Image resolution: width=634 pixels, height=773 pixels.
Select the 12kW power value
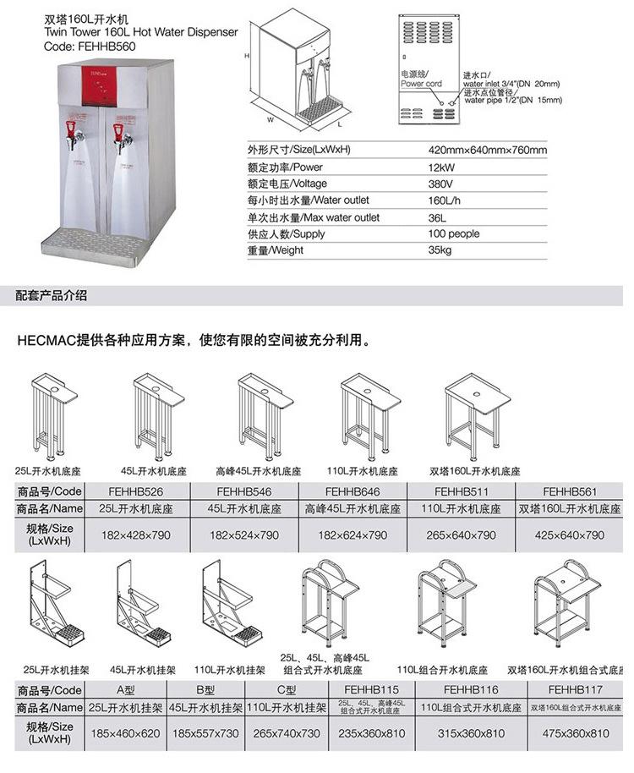tap(440, 167)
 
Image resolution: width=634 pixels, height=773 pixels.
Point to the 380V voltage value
tap(440, 184)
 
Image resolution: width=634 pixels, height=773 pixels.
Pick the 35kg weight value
tap(440, 250)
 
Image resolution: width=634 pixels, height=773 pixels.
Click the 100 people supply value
tap(454, 233)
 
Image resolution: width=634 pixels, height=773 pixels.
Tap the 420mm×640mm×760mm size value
tap(488, 151)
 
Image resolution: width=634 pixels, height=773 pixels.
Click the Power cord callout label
tap(421, 84)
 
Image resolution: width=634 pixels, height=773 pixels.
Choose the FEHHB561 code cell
tap(570, 491)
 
